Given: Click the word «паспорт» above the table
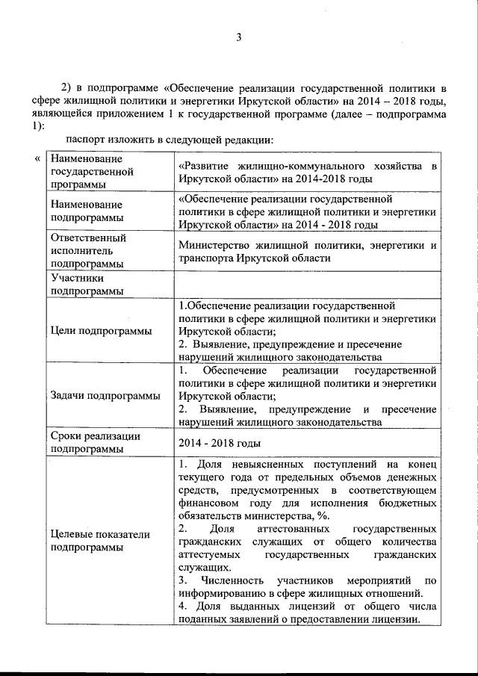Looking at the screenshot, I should tap(84, 140).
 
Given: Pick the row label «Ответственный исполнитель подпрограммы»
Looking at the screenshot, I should tap(87, 250).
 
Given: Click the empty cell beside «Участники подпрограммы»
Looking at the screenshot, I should tap(307, 284).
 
